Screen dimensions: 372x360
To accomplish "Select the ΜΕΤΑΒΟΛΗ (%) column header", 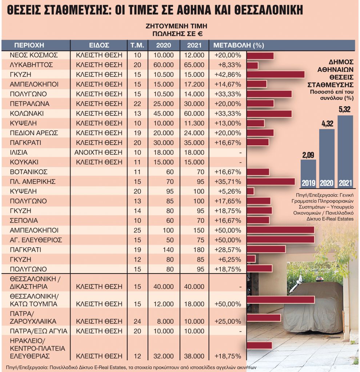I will coord(238,45).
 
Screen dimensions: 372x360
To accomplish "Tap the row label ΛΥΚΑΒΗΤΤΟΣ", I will coord(32,65).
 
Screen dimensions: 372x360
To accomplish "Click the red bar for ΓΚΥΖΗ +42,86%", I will coord(275,75).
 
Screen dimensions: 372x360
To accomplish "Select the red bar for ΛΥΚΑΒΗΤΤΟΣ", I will coord(252,65).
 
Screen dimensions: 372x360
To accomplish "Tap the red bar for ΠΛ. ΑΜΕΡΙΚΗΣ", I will coord(271,182).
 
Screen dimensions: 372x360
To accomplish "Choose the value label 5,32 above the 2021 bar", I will coord(345,109).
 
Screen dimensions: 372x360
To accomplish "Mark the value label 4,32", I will coord(327,124).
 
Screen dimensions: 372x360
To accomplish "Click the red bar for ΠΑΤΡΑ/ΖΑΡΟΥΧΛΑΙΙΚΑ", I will coord(264,318).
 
